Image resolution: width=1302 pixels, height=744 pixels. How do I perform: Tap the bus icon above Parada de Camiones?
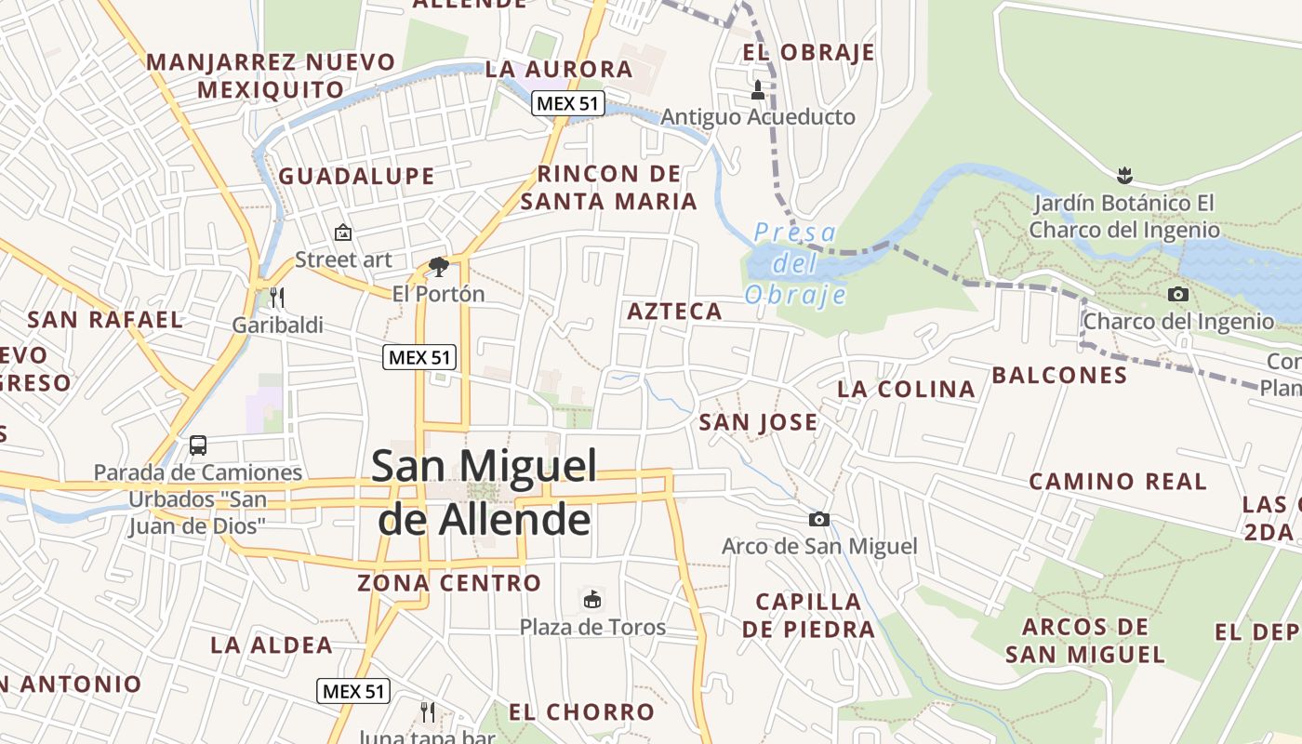coord(198,445)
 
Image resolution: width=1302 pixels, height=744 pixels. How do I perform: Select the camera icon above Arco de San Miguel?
coord(818,519)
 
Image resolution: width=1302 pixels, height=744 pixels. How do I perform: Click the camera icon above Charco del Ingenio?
coord(1177,295)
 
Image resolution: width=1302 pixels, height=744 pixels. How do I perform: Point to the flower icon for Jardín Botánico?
coord(1124,175)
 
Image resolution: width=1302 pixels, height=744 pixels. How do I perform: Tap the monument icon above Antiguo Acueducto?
coord(758,90)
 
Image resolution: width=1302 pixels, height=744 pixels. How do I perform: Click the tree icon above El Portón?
coord(438,268)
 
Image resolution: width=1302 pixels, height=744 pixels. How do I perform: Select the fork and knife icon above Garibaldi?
coord(276,298)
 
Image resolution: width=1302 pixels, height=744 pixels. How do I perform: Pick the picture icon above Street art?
coord(342,232)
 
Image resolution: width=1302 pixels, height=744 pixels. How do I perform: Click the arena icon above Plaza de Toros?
coord(591,599)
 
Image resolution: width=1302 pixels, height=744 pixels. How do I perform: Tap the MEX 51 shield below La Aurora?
coord(568,103)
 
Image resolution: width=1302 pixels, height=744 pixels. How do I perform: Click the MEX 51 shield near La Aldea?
coord(352,691)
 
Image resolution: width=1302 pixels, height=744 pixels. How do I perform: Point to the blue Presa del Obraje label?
coord(796,263)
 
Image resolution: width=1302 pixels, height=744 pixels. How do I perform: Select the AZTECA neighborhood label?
coord(674,312)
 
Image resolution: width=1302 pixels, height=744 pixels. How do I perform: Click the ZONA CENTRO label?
coord(449,583)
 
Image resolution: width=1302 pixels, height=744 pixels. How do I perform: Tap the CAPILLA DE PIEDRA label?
coord(808,615)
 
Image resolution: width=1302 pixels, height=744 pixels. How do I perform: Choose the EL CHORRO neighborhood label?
coord(581,712)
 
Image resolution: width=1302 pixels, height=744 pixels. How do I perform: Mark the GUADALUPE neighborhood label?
coord(356,176)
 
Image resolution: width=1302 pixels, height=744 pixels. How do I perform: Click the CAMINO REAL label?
coord(1117,481)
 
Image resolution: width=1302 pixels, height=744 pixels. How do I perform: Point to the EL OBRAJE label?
coord(809,52)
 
